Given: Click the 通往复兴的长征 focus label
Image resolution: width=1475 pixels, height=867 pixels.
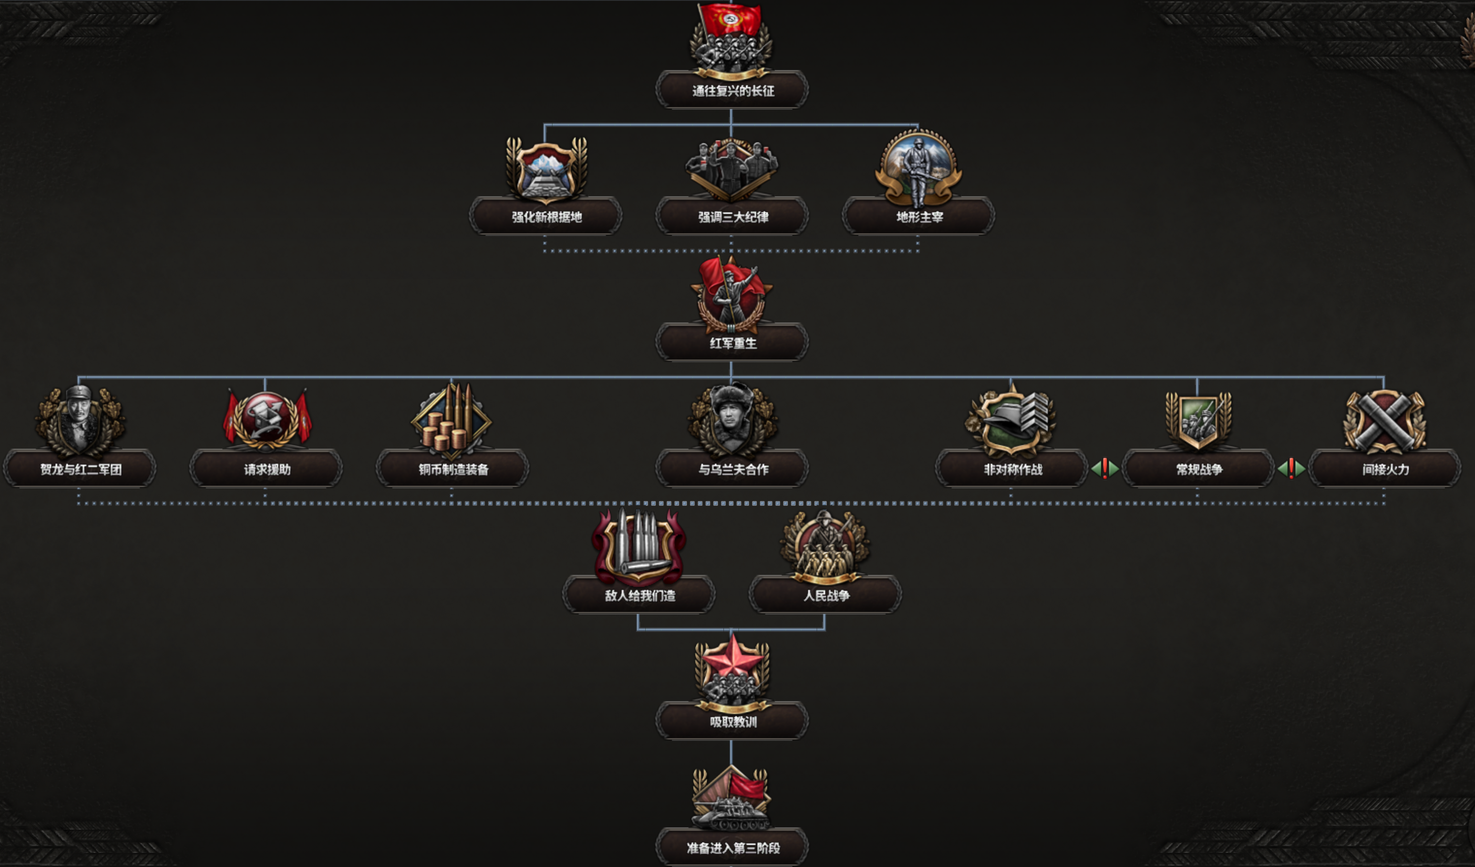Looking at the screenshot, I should [732, 91].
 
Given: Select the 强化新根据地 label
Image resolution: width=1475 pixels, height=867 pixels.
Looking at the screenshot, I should [546, 217].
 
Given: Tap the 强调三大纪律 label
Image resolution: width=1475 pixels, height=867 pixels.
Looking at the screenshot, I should [732, 217].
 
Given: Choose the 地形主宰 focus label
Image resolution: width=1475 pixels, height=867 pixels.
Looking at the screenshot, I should [919, 217].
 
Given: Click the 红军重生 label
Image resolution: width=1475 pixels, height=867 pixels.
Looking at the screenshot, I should [732, 343].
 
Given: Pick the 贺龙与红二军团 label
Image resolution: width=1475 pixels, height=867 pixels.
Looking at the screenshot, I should [80, 469].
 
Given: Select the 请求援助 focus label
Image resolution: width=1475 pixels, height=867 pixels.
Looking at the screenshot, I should [267, 469].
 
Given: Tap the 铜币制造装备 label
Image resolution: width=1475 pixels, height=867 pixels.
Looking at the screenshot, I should [453, 469].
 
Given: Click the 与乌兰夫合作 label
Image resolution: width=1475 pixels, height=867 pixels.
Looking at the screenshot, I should [732, 469].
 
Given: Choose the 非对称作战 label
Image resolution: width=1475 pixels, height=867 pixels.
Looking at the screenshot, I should [1012, 469].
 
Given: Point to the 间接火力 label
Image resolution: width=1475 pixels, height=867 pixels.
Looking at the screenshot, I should [1385, 469].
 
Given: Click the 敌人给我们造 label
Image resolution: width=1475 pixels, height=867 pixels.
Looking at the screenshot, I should [639, 595].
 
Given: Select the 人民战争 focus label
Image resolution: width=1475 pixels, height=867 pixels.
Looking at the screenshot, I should [826, 595].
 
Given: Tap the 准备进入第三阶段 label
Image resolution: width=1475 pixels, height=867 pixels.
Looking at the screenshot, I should [732, 848].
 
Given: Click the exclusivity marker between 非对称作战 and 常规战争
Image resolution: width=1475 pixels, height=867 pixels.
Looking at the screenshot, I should [1105, 469].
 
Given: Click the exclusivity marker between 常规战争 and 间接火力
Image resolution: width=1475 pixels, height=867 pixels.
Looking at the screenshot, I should [1291, 469].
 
